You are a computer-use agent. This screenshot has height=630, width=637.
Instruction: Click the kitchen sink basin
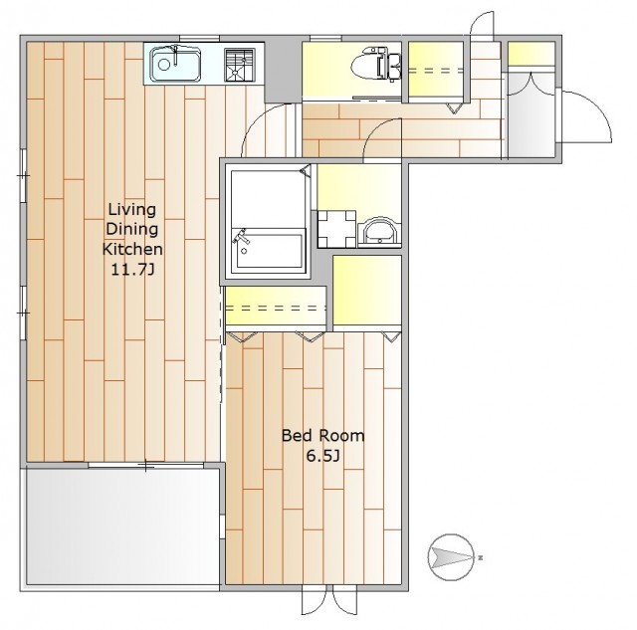(175, 64)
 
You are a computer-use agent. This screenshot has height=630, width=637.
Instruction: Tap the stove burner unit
(240, 65)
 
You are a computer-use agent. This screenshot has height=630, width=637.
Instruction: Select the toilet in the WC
(375, 64)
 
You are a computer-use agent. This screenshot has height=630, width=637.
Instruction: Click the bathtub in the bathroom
(268, 248)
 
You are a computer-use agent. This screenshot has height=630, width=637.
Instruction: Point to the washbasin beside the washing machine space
(379, 233)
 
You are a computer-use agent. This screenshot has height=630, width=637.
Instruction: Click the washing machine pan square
(336, 229)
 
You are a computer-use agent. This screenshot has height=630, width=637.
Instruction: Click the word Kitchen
(132, 249)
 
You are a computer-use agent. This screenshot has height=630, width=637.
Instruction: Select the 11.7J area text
(132, 270)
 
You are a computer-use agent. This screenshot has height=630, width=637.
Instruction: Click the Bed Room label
(322, 436)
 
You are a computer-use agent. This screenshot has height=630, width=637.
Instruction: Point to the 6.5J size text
(322, 456)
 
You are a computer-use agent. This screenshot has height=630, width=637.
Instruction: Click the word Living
(132, 210)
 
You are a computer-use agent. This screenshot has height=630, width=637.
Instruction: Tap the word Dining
(132, 230)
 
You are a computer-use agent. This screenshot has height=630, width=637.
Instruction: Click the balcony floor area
(123, 526)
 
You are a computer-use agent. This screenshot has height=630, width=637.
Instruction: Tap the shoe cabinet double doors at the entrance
(531, 84)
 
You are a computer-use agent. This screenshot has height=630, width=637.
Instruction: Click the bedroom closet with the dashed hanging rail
(276, 307)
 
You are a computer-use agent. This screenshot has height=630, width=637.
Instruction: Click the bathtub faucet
(241, 239)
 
